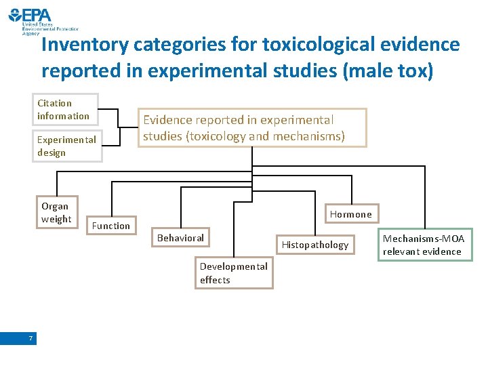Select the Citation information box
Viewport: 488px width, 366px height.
(x=66, y=110)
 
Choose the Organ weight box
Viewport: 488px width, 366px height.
(x=56, y=213)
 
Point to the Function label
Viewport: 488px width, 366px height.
(x=111, y=226)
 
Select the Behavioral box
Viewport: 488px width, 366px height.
(x=181, y=238)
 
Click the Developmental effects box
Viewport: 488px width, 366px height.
(x=234, y=273)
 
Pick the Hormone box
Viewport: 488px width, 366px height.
(x=350, y=214)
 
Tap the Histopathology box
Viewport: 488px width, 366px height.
(x=315, y=245)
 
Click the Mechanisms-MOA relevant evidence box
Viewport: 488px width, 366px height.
(x=424, y=245)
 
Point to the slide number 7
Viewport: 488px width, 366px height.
(x=31, y=338)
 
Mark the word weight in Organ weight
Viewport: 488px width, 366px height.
(x=56, y=219)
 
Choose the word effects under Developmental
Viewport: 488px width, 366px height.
(x=215, y=280)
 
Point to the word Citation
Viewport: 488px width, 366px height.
(x=54, y=103)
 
